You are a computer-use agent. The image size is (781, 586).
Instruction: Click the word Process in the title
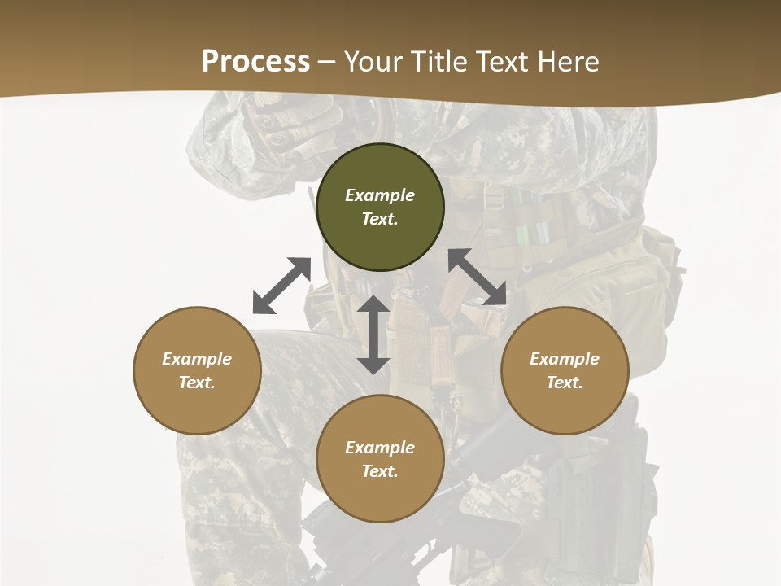[255, 62]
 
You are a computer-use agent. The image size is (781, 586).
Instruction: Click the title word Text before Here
[504, 62]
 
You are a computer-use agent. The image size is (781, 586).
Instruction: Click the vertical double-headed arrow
[373, 335]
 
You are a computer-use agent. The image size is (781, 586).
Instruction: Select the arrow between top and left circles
[281, 286]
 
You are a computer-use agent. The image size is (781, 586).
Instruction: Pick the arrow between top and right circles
[477, 278]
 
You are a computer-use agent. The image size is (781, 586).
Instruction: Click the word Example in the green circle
[380, 195]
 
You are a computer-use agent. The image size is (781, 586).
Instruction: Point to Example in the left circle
[197, 359]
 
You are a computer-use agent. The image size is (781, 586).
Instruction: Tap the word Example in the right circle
[565, 359]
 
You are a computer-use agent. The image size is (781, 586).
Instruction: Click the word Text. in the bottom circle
[380, 471]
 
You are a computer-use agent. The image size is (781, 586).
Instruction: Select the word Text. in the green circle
[380, 219]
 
